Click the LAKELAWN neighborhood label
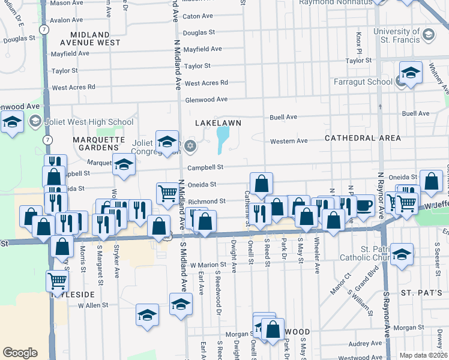click(x=218, y=122)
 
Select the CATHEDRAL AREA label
click(x=363, y=138)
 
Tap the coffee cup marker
click(x=364, y=205)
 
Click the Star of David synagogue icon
click(x=191, y=146)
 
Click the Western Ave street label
click(x=289, y=141)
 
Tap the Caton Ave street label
click(x=198, y=16)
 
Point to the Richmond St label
click(x=206, y=202)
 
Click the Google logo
click(x=20, y=353)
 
